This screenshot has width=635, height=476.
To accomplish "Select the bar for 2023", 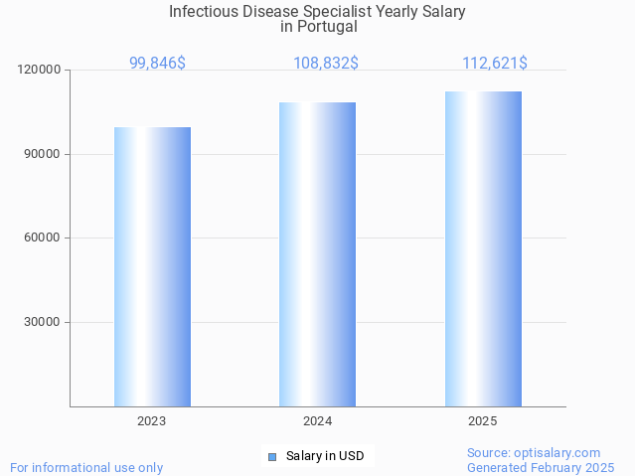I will (152, 266).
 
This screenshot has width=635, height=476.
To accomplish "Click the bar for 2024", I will (317, 254).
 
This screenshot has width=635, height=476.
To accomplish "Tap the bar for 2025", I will (483, 248).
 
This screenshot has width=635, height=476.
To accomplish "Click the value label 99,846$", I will (157, 64).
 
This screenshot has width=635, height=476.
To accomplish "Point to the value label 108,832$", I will (326, 64).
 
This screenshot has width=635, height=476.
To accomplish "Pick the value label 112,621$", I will (494, 64).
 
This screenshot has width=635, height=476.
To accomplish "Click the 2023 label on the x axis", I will (152, 421).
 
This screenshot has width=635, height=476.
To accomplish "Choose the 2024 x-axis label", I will (317, 421).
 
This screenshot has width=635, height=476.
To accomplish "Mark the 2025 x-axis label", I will (483, 421).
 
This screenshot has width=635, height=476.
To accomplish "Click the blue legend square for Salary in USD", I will (271, 457).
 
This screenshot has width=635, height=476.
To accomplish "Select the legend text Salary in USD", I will (325, 457).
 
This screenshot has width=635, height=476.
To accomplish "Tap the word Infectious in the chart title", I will (204, 12).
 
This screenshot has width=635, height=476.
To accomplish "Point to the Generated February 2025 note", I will (541, 467).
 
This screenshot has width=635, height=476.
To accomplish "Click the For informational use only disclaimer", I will (86, 467).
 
